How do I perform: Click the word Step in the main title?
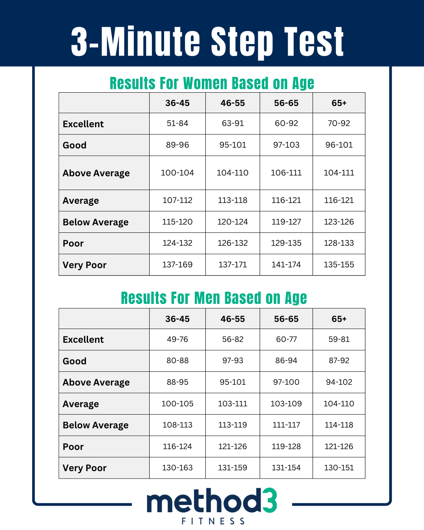coord(242,42)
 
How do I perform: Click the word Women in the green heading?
coord(205,83)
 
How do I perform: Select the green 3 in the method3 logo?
coord(270,501)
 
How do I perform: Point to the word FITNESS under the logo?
coord(213,521)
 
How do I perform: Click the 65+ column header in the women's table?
coord(339,103)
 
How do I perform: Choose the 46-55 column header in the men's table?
coord(232,319)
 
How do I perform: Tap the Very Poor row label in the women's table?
coord(84,265)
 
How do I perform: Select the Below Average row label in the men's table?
coord(95,425)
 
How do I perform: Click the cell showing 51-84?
coord(177,123)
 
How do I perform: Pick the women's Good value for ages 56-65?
coord(286,145)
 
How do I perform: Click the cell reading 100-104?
coord(177,173)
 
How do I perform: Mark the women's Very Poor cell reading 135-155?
coord(339,265)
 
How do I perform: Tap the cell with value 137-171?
coord(232,265)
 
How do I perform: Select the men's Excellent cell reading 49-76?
coord(177,339)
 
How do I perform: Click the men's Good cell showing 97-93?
coord(232,360)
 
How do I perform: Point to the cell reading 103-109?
coord(286,404)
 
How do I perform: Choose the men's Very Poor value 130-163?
coord(177,468)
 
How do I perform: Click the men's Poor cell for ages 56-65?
coord(286,446)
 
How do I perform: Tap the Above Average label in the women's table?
coord(96,173)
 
